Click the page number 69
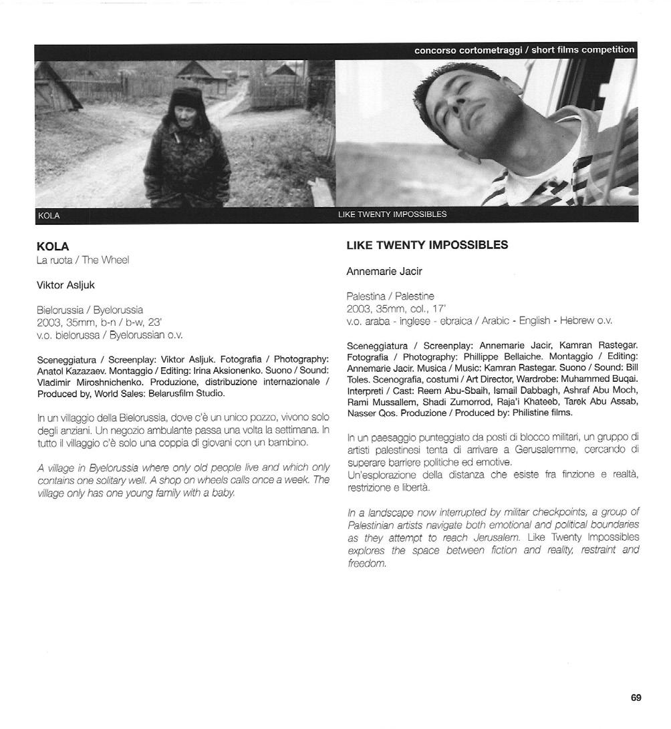(636, 698)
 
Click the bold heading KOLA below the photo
(53, 246)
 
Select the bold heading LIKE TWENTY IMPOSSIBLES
(427, 245)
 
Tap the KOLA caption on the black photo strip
(49, 216)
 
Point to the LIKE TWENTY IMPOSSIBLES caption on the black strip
(392, 215)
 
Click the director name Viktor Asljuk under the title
(65, 285)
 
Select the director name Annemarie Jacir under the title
(384, 272)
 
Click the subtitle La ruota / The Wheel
(83, 260)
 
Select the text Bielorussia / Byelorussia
(90, 310)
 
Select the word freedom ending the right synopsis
(367, 563)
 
